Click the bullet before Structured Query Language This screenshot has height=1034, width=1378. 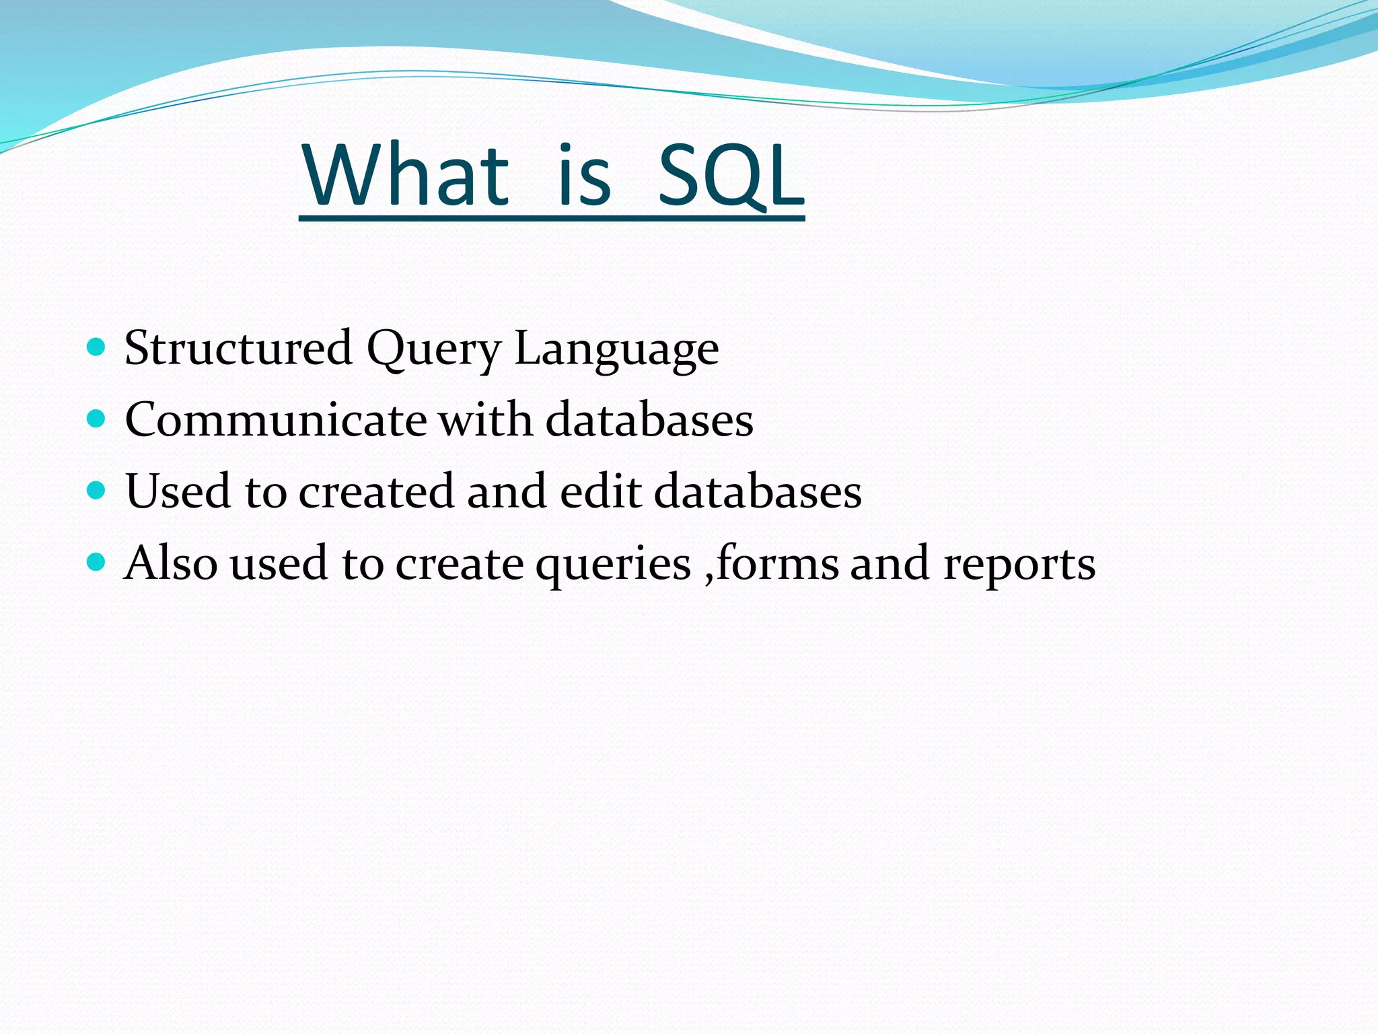click(97, 347)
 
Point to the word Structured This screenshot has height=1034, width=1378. click(238, 349)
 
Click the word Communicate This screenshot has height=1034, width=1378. click(276, 420)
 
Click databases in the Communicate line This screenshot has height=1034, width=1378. click(649, 419)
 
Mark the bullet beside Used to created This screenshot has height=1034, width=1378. click(97, 490)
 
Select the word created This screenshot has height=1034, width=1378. click(376, 491)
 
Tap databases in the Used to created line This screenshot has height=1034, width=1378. click(758, 491)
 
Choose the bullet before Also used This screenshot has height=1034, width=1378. click(97, 561)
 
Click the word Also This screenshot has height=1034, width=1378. click(171, 563)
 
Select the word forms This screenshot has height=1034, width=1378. click(777, 563)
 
